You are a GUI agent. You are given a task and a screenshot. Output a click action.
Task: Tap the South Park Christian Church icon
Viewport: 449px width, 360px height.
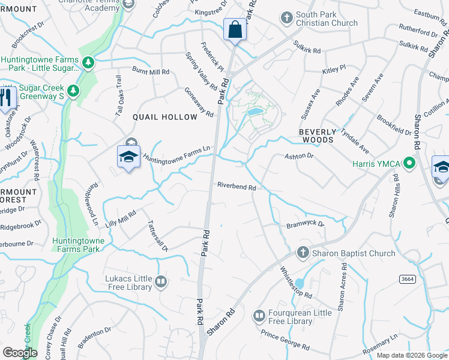286,17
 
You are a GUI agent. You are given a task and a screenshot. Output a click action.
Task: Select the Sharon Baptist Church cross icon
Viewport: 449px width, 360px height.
303,253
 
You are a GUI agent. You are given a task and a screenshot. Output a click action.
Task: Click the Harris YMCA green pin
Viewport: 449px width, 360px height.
410,163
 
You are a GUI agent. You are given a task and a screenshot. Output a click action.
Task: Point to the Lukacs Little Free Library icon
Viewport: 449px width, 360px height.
160,281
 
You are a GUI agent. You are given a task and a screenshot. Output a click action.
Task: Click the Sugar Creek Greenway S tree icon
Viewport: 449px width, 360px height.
73,91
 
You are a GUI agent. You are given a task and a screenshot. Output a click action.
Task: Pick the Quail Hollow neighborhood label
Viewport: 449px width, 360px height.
164,117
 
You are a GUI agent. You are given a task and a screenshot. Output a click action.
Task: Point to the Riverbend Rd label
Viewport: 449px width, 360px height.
237,187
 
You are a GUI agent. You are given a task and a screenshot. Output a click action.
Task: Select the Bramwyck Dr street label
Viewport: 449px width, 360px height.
305,224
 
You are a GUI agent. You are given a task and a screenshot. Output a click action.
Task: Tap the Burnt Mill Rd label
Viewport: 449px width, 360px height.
151,71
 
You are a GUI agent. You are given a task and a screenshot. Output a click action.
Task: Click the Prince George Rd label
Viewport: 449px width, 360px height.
285,340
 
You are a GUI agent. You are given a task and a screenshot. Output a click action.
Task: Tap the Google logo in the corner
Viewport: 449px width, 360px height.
19,353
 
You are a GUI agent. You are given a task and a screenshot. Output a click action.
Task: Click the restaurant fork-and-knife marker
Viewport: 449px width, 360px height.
7,98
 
